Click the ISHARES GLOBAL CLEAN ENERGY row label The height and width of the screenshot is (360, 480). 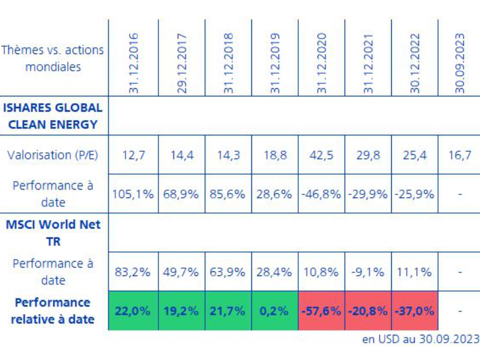(x=53, y=117)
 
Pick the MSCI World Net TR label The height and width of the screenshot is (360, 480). (x=53, y=233)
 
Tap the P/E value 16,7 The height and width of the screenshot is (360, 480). (x=460, y=155)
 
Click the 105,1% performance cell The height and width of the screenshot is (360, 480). (x=133, y=194)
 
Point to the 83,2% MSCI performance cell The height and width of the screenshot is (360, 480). (x=133, y=272)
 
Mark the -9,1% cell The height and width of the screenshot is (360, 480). (x=368, y=272)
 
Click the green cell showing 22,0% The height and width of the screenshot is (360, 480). (x=133, y=311)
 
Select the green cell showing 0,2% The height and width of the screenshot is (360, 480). (x=274, y=311)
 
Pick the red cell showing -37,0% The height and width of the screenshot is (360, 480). (x=414, y=311)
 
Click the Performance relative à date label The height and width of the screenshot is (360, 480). (x=53, y=311)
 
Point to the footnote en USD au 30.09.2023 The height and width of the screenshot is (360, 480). (x=421, y=340)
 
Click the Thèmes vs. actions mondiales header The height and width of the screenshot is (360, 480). (x=53, y=58)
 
